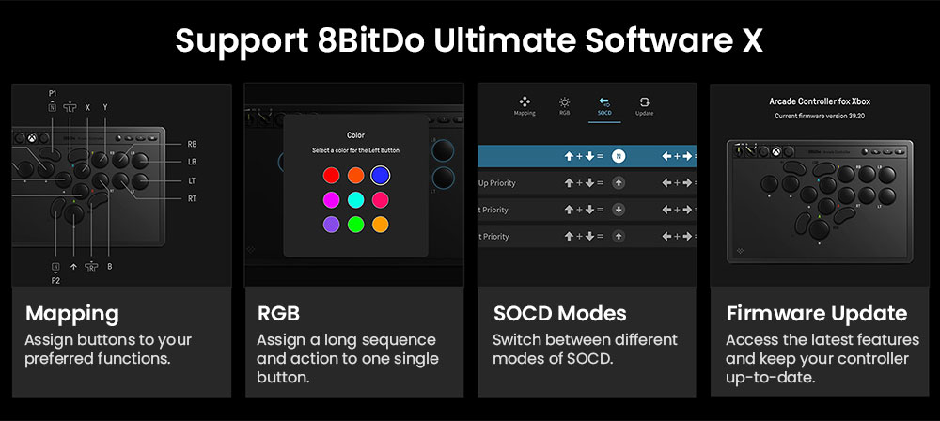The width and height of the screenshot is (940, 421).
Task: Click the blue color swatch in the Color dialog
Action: [379, 174]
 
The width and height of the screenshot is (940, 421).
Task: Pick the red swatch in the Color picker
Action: [331, 175]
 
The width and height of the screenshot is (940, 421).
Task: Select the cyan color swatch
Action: [355, 199]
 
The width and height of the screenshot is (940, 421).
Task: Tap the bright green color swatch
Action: [355, 225]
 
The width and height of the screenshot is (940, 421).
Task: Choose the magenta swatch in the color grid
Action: [331, 199]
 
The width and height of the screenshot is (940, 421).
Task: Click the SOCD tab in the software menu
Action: [604, 106]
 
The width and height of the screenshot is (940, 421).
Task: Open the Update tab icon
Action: [645, 106]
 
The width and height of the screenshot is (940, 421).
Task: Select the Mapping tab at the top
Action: [525, 106]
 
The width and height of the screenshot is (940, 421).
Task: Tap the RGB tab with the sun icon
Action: [564, 106]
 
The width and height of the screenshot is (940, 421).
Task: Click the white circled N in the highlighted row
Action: [619, 156]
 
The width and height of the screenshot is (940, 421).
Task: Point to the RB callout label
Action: [193, 144]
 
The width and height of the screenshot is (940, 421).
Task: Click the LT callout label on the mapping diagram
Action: [193, 179]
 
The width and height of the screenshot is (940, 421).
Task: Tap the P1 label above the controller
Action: [54, 94]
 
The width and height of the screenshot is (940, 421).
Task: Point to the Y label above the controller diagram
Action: [105, 108]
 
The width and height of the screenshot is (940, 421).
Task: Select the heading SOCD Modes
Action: [559, 314]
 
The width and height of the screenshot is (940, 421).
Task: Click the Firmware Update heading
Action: [816, 314]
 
